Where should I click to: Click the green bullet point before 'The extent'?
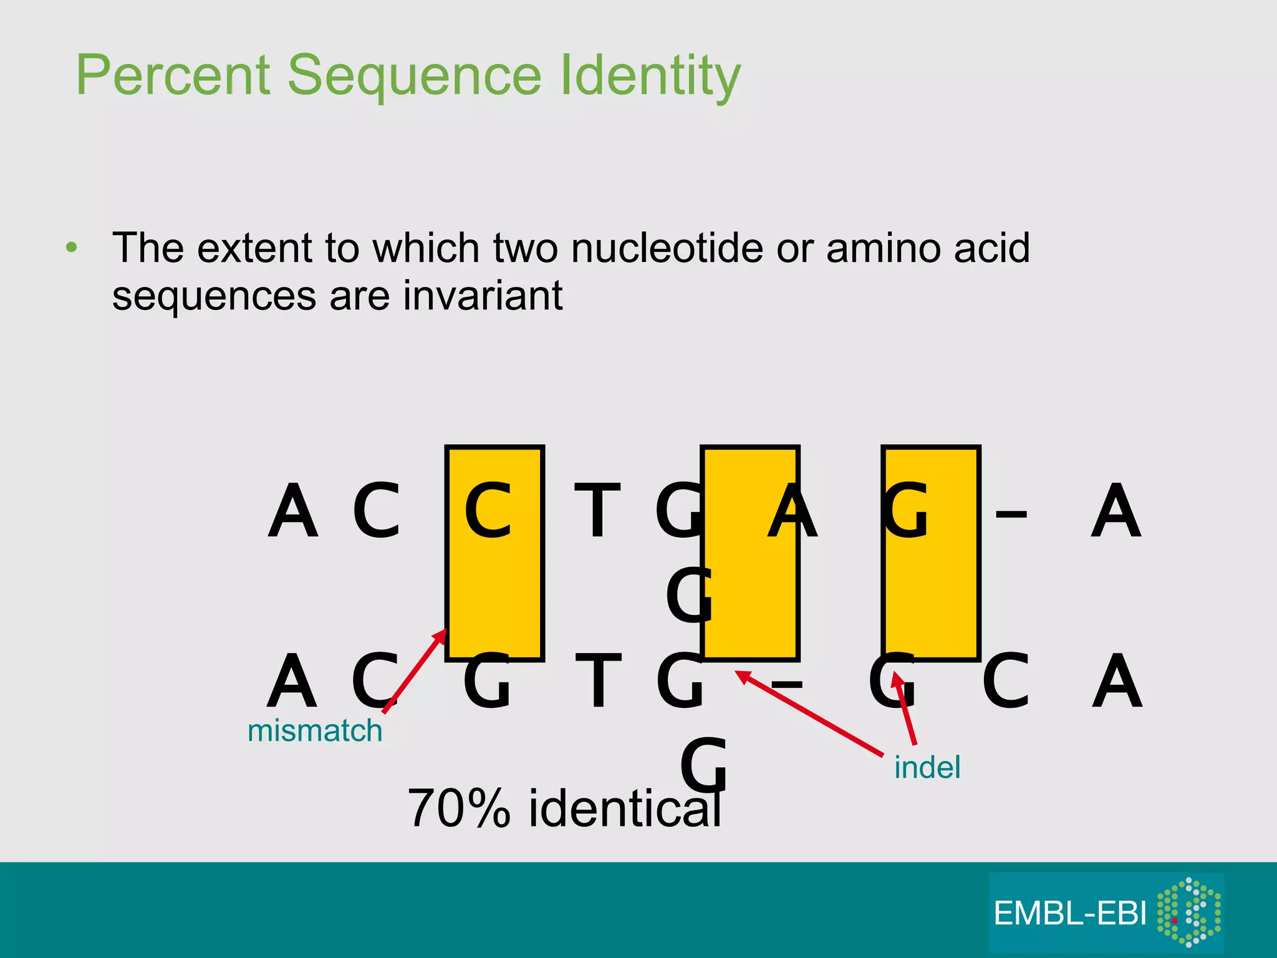pyautogui.click(x=72, y=248)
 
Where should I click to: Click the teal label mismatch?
pyautogui.click(x=315, y=730)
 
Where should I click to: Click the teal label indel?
pyautogui.click(x=927, y=767)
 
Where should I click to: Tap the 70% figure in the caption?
pyautogui.click(x=458, y=808)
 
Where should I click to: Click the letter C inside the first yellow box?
pyautogui.click(x=488, y=511)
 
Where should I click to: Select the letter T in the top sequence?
pyautogui.click(x=597, y=511)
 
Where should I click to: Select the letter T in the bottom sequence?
pyautogui.click(x=597, y=681)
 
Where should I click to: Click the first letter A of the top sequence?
pyautogui.click(x=292, y=511)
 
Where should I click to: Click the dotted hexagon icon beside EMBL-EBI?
pyautogui.click(x=1188, y=912)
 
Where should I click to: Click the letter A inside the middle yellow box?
pyautogui.click(x=791, y=511)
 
